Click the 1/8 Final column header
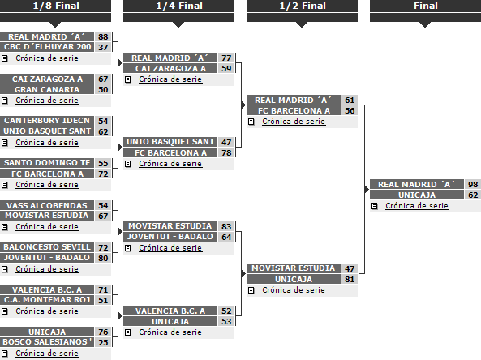tap(56, 6)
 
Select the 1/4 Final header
tap(179, 6)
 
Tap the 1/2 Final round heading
tap(303, 6)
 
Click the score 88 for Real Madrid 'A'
tap(103, 36)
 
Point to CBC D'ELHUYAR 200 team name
tap(47, 47)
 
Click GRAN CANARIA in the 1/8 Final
tap(47, 89)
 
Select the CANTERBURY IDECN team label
tap(47, 121)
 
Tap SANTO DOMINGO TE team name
tap(47, 162)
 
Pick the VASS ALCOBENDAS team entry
tap(47, 205)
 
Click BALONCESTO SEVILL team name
tap(47, 247)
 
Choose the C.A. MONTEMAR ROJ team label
tap(47, 300)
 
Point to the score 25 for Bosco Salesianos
tap(103, 342)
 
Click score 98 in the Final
tap(473, 185)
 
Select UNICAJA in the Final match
tap(417, 195)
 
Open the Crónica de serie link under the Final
tap(417, 206)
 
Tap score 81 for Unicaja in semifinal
tap(350, 280)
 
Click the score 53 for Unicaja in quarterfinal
tap(226, 321)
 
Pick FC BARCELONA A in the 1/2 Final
tap(294, 111)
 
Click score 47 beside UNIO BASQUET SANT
tap(226, 142)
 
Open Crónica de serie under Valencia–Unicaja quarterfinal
tap(170, 332)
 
